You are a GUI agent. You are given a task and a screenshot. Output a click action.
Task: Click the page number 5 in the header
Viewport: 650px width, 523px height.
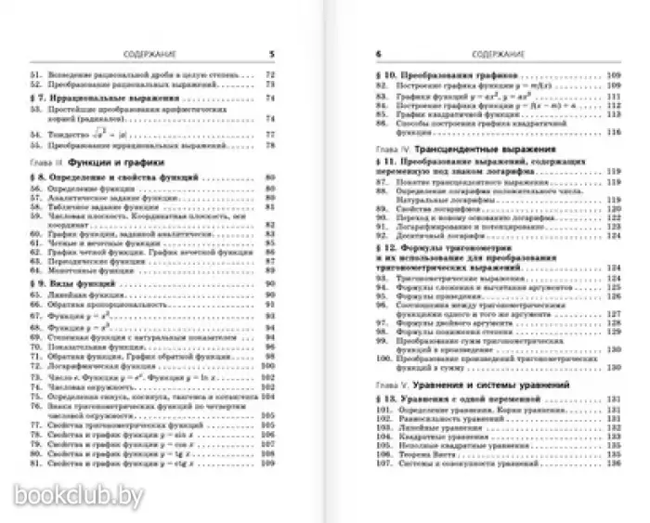270,54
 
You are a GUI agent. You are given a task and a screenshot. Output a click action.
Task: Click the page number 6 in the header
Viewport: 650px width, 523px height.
378,54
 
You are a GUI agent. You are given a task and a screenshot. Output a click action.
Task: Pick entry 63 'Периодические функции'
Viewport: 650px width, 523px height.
97,261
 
